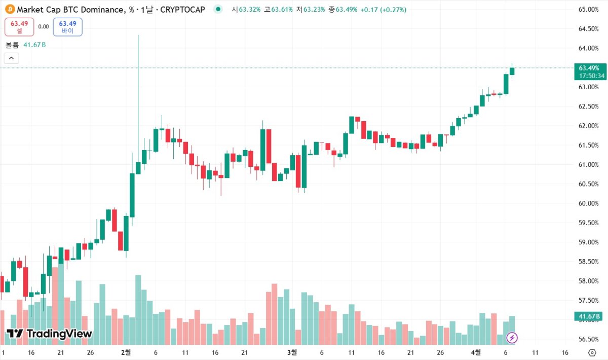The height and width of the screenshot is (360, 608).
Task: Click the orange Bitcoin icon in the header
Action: [9, 9]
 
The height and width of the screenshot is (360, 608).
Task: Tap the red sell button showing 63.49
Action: [19, 27]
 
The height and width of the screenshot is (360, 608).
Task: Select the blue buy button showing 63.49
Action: [67, 27]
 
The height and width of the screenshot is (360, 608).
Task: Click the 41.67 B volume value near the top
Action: [34, 45]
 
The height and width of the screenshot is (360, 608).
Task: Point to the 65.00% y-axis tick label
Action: [588, 10]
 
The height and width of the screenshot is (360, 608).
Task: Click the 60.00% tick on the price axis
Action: [588, 203]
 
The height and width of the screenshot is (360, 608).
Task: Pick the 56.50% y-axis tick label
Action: [588, 339]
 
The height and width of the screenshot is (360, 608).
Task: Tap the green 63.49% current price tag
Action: [589, 68]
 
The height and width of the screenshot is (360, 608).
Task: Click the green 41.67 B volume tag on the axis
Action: [589, 317]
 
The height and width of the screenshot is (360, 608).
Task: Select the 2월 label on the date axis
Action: [126, 352]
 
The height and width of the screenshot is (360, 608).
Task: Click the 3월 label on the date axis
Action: [292, 352]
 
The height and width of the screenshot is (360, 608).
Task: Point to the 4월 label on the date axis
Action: [476, 352]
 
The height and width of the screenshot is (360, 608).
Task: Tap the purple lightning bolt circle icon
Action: [512, 337]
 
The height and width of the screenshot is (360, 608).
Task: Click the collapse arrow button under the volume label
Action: [12, 58]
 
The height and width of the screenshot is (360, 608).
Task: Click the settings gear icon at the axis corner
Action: [592, 352]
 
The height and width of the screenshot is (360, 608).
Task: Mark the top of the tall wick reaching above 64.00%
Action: [138, 35]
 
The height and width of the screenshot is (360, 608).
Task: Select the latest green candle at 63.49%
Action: [512, 71]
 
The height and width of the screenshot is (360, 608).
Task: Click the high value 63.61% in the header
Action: [282, 10]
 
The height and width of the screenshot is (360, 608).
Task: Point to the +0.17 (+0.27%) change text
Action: [383, 10]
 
